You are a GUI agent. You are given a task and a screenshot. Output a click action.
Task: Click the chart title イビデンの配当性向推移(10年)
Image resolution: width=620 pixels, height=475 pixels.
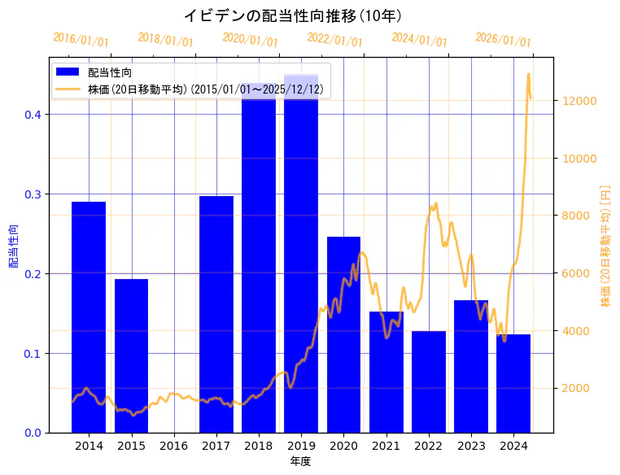292,15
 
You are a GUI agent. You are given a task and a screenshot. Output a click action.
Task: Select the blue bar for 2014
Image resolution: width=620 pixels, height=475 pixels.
89,317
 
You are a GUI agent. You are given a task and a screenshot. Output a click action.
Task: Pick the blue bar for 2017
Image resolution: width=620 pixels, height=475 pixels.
216,314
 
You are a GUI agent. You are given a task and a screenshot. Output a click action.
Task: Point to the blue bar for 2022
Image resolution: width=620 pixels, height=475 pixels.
429,381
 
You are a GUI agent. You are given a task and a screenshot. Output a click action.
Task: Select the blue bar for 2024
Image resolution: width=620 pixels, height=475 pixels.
513,383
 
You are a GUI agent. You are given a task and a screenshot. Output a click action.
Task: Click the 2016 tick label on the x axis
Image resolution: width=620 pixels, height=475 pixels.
174,446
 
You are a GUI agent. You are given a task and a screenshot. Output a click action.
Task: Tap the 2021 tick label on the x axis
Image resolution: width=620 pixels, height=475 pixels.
386,446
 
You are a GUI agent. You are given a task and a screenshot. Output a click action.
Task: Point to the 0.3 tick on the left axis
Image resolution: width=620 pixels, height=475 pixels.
33,194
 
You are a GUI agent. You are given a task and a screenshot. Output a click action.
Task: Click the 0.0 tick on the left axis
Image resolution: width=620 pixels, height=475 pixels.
33,433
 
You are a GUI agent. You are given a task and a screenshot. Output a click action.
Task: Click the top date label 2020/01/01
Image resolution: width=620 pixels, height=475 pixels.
250,40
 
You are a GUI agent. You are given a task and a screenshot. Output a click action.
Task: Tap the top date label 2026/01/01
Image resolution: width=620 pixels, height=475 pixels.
503,40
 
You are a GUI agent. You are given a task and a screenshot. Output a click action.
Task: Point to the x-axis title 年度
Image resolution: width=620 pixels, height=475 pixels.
300,461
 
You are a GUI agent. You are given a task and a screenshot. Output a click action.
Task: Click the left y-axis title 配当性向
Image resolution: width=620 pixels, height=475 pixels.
14,246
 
